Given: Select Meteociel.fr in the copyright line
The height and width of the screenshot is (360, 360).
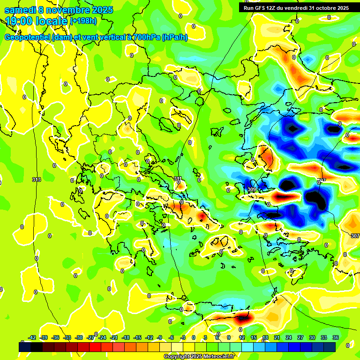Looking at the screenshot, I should tap(217, 357).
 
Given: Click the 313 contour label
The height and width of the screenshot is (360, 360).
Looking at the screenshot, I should tap(37, 180).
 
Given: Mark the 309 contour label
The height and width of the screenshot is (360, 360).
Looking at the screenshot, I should tap(252, 189).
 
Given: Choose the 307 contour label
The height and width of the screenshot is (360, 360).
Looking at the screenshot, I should tap(355, 236).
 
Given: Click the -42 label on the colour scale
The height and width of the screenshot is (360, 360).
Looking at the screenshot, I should tap(32, 337).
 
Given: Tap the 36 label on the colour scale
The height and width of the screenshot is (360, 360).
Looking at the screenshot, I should tap(336, 337).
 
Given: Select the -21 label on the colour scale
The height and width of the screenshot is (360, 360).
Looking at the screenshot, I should tap(114, 337).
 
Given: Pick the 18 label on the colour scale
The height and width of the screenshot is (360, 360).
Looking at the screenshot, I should tap(265, 337).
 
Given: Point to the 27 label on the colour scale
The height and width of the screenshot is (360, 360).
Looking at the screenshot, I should tap(300, 337).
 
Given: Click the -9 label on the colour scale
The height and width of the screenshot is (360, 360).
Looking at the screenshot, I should tap(160, 337).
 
